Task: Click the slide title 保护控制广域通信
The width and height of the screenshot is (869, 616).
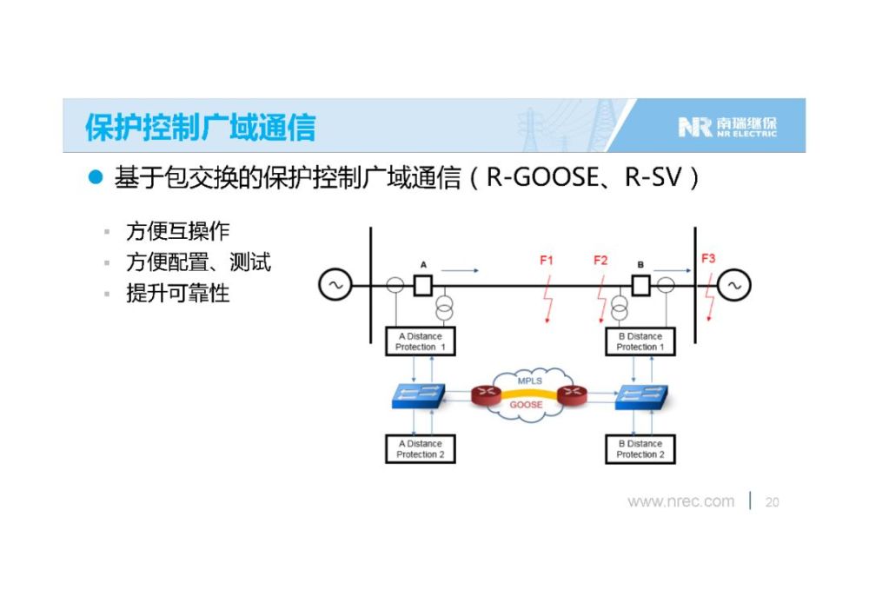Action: point(200,127)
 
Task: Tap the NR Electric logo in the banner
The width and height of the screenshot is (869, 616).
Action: point(727,127)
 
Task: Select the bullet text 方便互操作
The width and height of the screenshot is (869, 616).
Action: point(177,231)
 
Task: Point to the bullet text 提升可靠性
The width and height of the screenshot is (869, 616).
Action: point(177,293)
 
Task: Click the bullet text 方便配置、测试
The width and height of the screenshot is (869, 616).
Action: point(198,262)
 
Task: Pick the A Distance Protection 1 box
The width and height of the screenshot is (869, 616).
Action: point(420,341)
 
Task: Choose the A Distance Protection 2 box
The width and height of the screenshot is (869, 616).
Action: point(420,448)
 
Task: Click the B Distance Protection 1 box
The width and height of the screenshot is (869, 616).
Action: point(640,341)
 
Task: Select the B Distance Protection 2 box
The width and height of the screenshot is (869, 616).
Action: point(640,448)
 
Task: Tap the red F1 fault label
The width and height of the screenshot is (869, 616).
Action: point(547,260)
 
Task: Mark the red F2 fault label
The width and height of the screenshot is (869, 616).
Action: point(600,260)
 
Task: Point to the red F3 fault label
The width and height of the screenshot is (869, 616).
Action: point(708,258)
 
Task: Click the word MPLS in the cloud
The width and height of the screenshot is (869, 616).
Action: point(530,381)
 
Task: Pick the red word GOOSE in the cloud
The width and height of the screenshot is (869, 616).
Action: point(526,405)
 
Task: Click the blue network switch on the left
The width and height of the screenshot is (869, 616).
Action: point(419,396)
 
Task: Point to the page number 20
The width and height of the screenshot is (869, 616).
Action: point(772,502)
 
